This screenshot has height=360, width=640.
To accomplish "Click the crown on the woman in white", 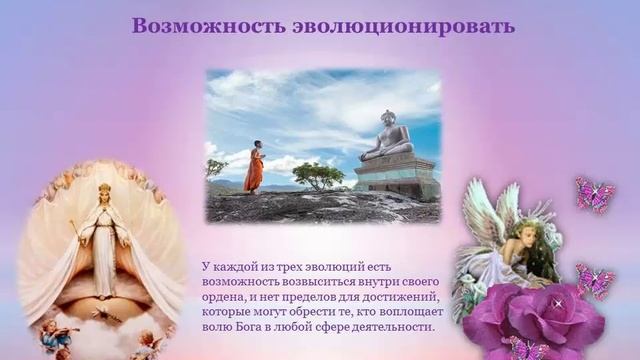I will pos(104,187).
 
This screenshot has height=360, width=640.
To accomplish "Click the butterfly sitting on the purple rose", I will pos(520,347).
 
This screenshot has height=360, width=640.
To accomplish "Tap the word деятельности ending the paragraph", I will pos(392,326).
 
